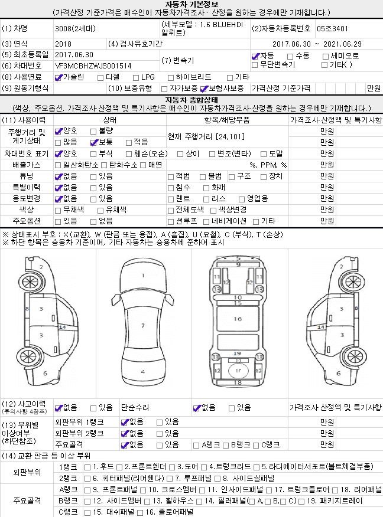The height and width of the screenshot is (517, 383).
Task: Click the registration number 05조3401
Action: coord(332,29)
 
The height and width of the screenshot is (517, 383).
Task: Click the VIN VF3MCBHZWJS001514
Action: coord(93,66)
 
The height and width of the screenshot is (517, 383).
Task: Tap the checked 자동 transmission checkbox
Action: coord(255,57)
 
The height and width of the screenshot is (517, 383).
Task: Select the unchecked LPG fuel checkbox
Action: coord(136,78)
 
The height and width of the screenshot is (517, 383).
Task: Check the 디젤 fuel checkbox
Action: coord(100,78)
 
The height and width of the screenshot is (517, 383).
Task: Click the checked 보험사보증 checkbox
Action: coord(204,89)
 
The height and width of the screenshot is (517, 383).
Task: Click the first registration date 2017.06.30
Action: coord(74,55)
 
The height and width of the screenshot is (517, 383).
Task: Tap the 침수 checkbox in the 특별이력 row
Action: coord(171,188)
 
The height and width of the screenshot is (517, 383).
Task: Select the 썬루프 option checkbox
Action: coord(171,222)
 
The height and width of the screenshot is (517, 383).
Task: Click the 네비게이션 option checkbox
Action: coord(206,222)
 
